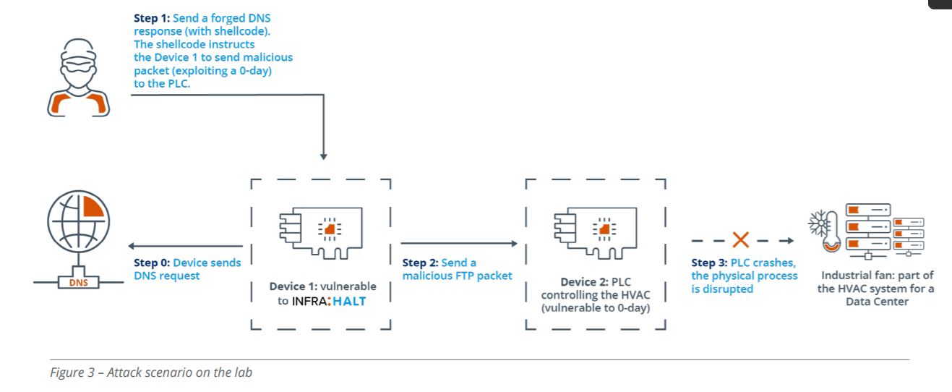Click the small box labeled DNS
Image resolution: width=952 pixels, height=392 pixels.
point(78,282)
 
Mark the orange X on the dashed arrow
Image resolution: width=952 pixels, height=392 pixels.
point(740,240)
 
